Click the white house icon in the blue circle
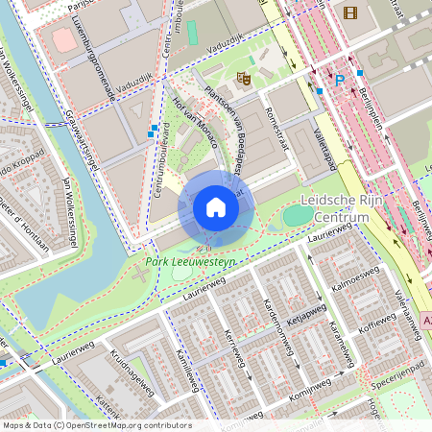pos(216,207)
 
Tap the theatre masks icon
pos(243,77)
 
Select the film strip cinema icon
pos(348,12)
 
